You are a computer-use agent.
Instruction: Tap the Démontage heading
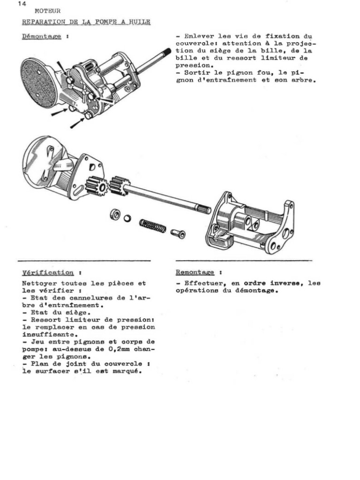pos(42,37)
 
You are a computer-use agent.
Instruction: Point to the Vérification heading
pos(48,272)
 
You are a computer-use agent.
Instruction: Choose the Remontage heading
pos(195,272)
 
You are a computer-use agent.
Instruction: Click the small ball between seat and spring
pos(127,218)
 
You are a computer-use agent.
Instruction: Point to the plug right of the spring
pos(179,233)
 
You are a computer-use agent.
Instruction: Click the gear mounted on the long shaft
pos(119,186)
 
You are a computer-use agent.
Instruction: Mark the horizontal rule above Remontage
pos(244,260)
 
